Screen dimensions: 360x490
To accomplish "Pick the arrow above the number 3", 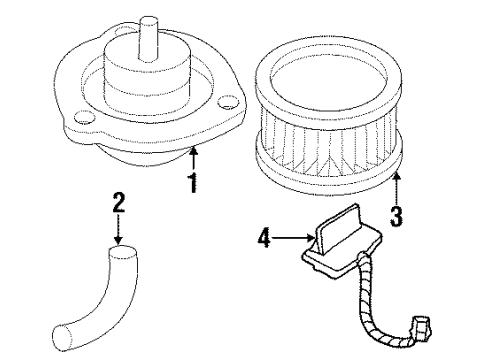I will [397, 182].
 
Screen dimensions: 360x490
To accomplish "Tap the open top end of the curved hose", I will [120, 258].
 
